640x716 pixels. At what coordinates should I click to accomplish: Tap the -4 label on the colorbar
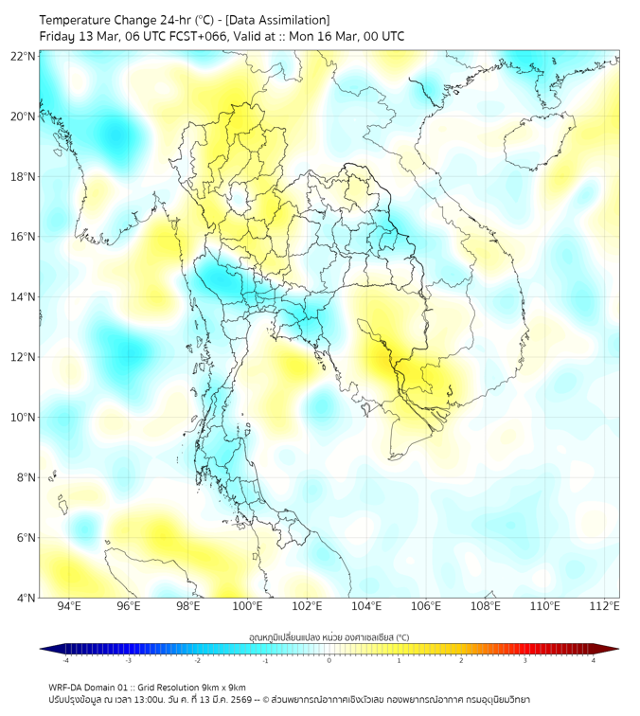[x=65, y=660]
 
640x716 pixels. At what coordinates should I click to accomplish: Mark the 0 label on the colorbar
[x=329, y=660]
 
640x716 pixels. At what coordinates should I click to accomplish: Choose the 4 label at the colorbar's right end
[x=594, y=660]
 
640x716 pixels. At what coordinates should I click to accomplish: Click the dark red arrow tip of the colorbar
[x=613, y=649]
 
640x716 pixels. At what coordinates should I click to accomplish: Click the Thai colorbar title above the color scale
[x=329, y=637]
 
